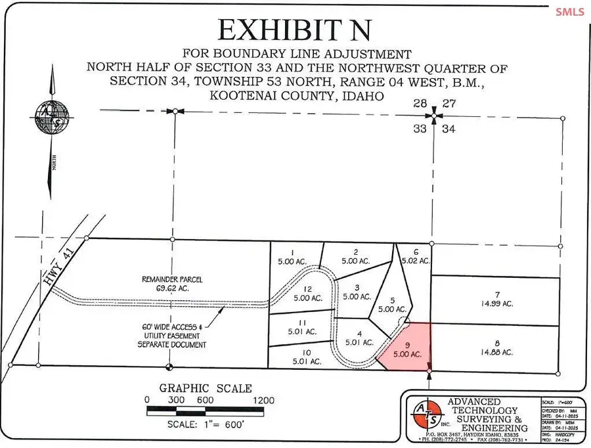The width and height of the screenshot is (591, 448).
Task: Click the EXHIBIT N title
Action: [295, 30]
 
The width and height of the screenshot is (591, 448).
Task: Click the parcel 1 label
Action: [293, 256]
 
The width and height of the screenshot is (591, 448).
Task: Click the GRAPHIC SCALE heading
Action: [206, 388]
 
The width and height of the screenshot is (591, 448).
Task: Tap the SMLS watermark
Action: [569, 12]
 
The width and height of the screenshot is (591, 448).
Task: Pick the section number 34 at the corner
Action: [449, 129]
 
